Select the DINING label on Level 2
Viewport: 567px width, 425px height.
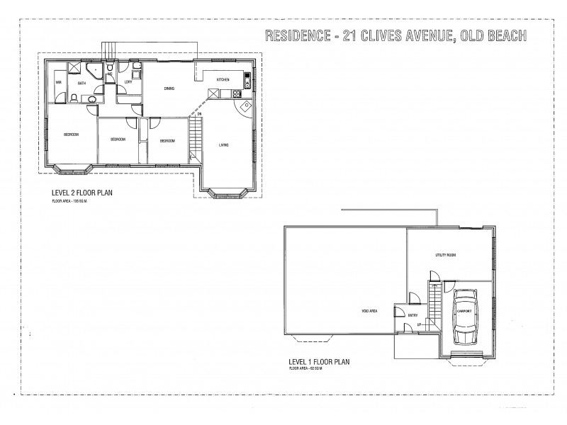click(169, 89)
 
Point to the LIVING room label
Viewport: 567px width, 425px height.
click(223, 145)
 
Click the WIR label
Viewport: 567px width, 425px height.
click(59, 83)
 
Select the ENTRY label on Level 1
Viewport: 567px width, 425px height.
click(412, 315)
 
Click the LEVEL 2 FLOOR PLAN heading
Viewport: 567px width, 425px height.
click(82, 192)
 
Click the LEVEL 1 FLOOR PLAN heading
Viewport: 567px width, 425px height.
click(319, 361)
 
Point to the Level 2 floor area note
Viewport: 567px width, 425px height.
click(74, 201)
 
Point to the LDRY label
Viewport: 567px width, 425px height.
click(128, 82)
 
